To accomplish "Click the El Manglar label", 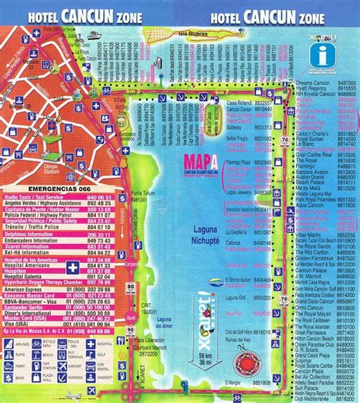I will [235, 393].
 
